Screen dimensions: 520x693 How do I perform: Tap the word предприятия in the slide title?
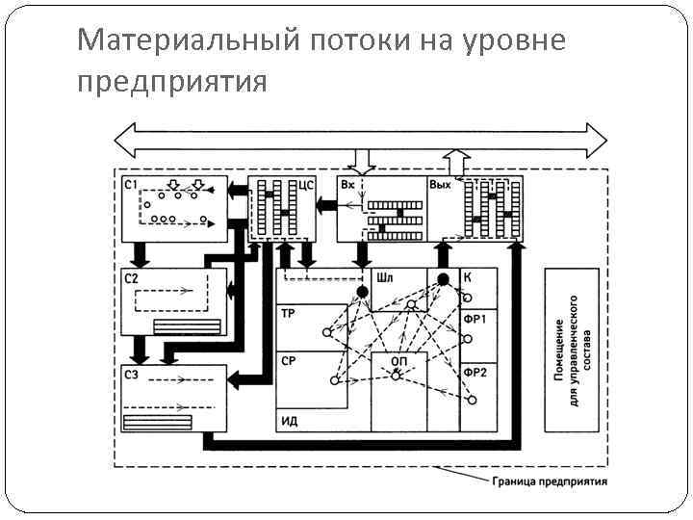click(x=170, y=81)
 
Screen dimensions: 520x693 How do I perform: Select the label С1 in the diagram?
click(x=132, y=184)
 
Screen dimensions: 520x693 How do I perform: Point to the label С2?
click(x=132, y=278)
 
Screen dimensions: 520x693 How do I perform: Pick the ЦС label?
click(x=308, y=184)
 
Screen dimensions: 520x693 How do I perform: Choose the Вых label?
click(x=441, y=184)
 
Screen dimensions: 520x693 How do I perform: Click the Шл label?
click(x=385, y=277)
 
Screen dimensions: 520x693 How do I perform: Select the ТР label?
click(x=289, y=314)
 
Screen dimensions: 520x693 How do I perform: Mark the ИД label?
click(x=289, y=421)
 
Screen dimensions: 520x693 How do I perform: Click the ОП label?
click(x=398, y=360)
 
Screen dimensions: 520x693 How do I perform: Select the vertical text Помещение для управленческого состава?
click(x=575, y=350)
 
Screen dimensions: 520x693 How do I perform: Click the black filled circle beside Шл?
click(x=362, y=290)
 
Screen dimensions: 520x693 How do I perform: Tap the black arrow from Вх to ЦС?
click(x=327, y=204)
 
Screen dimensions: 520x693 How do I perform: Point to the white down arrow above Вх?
click(x=363, y=160)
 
